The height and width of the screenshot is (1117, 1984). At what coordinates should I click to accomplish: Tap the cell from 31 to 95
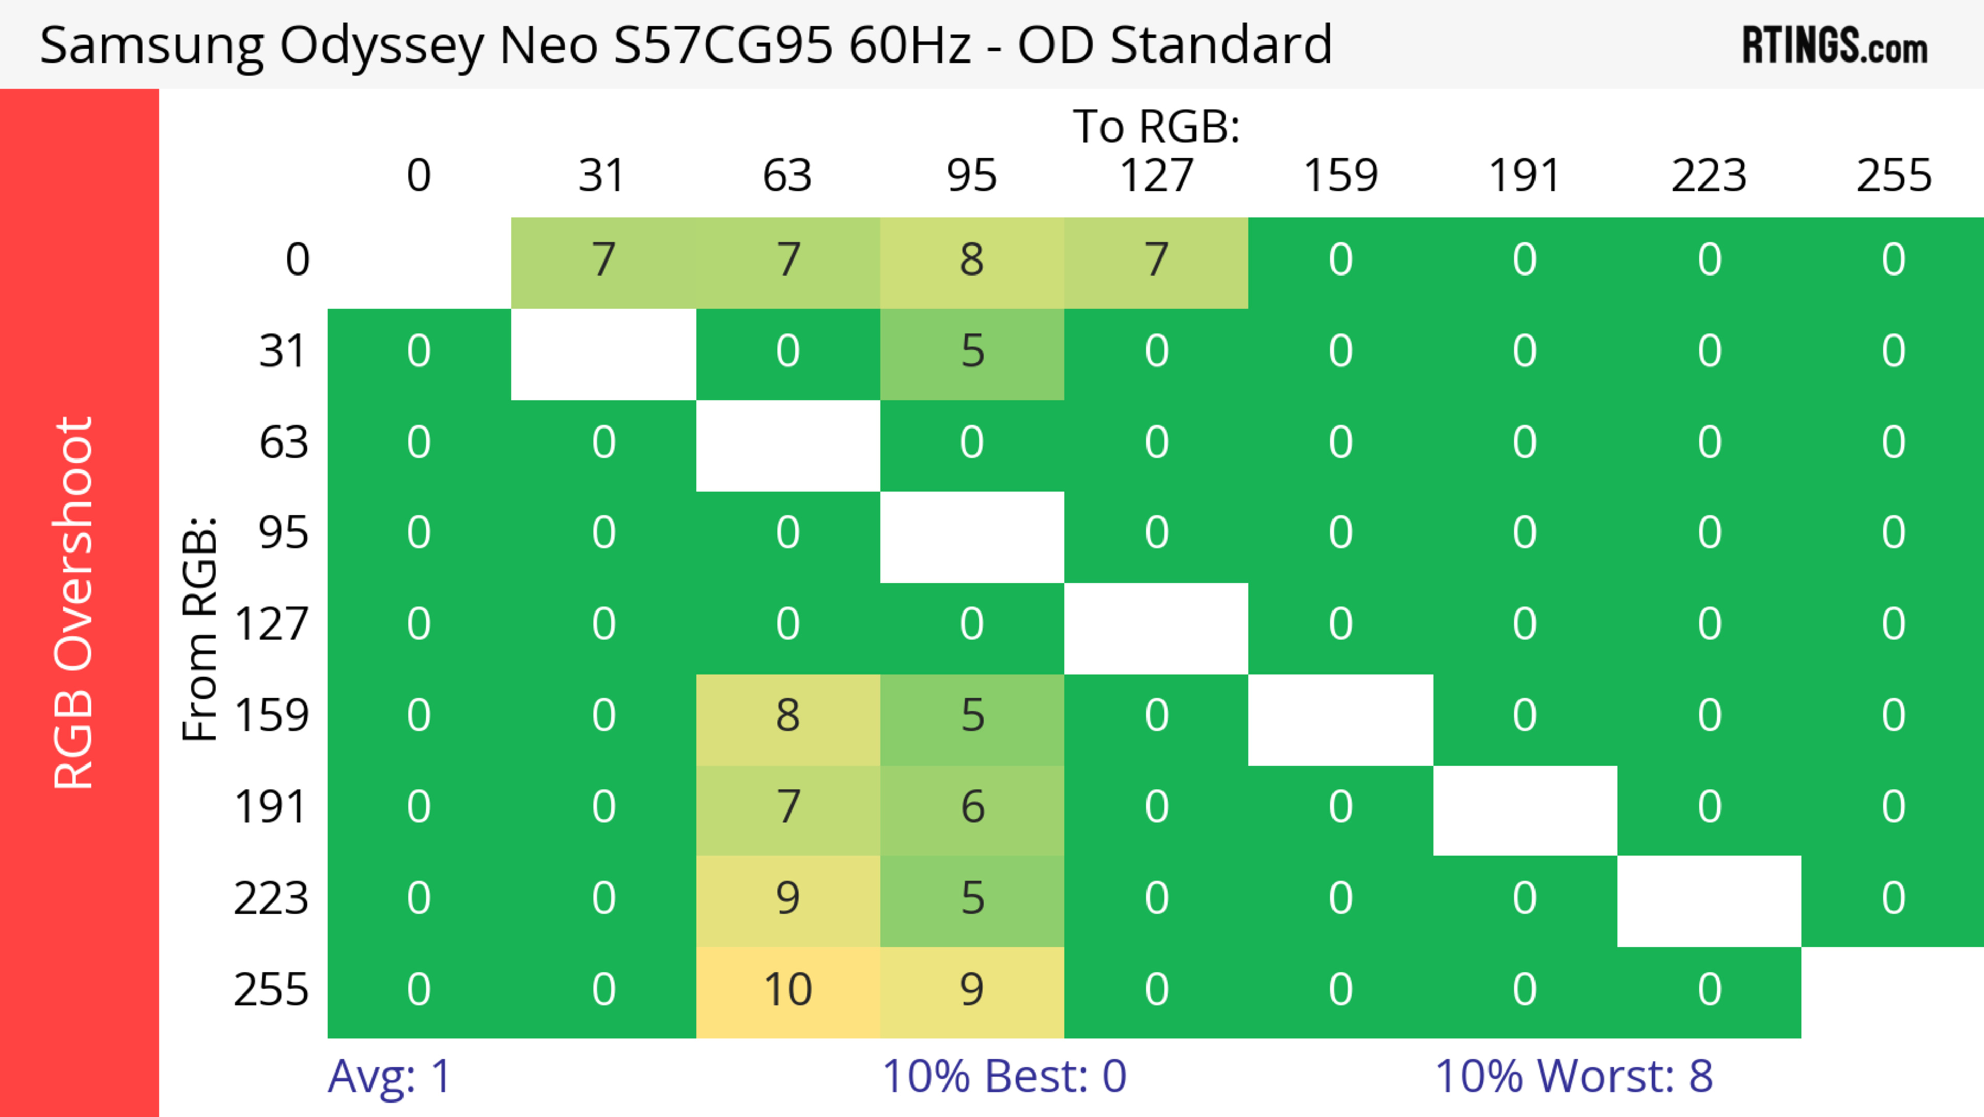pos(972,352)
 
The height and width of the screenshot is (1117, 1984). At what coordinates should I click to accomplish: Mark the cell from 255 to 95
pos(972,990)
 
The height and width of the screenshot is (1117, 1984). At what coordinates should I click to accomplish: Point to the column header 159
pos(1340,176)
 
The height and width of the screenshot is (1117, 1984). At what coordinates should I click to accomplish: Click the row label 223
pos(271,899)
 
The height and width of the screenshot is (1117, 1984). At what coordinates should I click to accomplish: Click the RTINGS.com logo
pos(1835,44)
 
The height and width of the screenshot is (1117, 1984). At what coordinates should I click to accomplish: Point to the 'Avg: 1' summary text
pos(389,1076)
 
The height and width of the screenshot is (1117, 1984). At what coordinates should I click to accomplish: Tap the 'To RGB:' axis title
pos(1156,126)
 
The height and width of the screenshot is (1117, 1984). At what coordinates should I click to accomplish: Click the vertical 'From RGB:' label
pos(200,628)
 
